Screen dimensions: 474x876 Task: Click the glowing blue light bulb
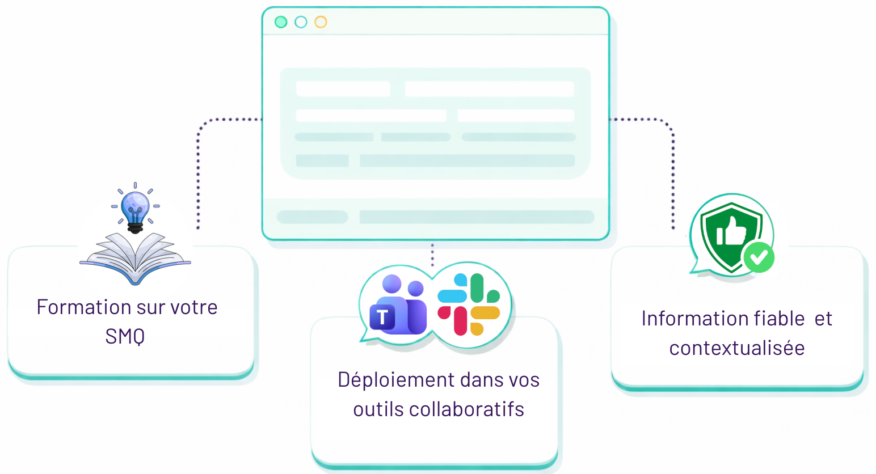135,208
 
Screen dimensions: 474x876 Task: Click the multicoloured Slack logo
469,304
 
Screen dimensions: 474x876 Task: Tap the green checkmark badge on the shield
759,257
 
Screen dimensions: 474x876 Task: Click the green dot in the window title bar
281,22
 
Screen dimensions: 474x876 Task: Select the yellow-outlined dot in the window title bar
321,22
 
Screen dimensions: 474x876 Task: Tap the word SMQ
125,337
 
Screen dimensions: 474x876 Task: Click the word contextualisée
736,348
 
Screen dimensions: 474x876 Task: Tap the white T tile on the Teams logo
382,318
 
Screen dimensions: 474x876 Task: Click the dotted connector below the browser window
432,254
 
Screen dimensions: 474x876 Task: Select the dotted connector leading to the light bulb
199,170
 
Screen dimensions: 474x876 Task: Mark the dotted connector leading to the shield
672,170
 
